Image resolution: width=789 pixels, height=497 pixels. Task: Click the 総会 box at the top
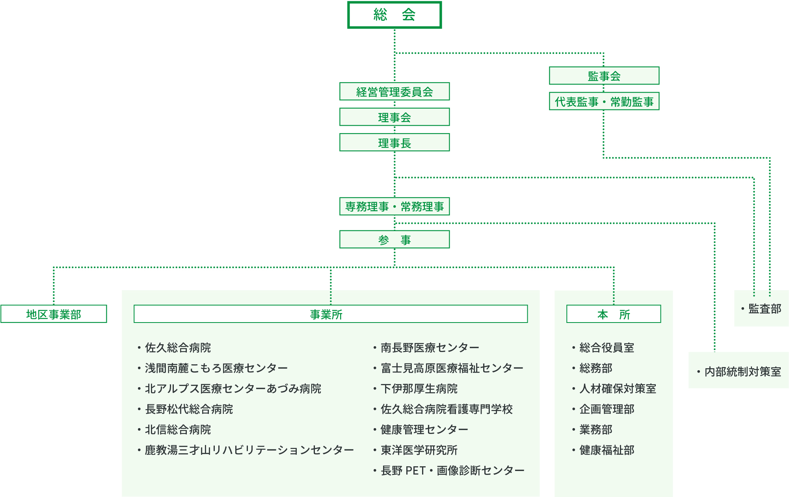click(x=394, y=15)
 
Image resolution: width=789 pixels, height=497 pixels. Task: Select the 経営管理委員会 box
click(x=394, y=91)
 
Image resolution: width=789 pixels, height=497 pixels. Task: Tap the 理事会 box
click(x=394, y=117)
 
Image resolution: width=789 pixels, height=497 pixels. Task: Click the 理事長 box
click(x=394, y=142)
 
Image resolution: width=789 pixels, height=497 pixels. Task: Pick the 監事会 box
click(x=604, y=76)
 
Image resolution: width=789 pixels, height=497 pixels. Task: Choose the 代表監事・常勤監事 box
click(x=604, y=101)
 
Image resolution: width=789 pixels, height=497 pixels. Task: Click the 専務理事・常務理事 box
click(x=394, y=206)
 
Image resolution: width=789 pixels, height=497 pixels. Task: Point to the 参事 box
click(x=394, y=239)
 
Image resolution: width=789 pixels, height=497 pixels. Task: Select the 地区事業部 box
click(x=54, y=314)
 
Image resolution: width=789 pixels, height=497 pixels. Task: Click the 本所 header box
click(x=614, y=314)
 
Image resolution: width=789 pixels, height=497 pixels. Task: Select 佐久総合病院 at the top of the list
click(x=178, y=347)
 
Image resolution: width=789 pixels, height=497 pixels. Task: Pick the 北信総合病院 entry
click(x=178, y=429)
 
